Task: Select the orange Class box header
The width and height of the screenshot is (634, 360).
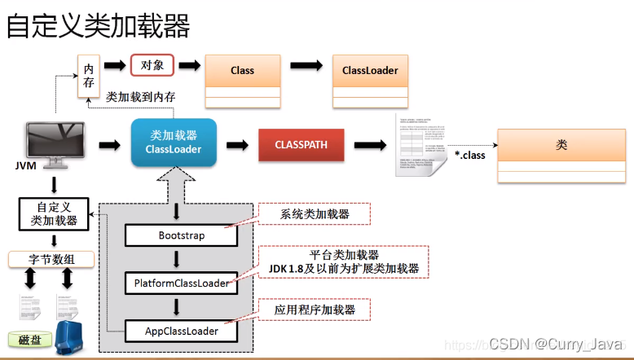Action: (242, 70)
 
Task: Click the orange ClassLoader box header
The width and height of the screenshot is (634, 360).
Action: (370, 70)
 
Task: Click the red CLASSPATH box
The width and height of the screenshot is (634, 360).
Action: (301, 144)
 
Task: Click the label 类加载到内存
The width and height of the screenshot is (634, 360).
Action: (140, 97)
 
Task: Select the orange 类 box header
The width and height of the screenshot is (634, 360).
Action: (561, 145)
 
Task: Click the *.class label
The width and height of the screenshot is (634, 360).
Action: (469, 155)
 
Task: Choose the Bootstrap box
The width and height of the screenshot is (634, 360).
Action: (181, 235)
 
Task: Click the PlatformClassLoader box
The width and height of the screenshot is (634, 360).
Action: (182, 283)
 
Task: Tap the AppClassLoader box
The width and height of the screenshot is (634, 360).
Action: (182, 331)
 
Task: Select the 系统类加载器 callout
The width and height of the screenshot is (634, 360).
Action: (314, 214)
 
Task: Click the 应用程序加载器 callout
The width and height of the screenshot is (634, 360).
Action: (314, 310)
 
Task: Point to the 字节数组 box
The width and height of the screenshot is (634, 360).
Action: (51, 260)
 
